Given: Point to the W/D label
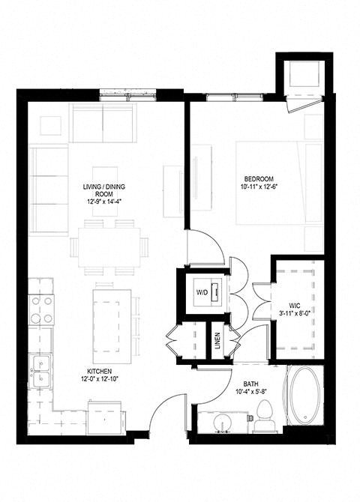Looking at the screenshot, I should coord(202,291).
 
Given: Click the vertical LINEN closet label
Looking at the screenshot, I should coord(216,340).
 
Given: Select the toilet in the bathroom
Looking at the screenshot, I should coord(263,415).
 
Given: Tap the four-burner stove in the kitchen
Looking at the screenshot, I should coord(41,308).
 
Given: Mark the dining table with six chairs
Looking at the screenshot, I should coord(105,246).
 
